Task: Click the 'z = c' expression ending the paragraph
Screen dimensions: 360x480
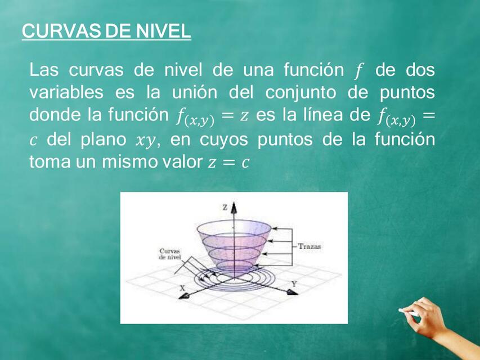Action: (228, 163)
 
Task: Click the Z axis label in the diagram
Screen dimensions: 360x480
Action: (225, 208)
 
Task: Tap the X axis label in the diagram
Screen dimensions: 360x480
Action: (182, 287)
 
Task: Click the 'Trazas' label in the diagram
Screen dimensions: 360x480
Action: (309, 246)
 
